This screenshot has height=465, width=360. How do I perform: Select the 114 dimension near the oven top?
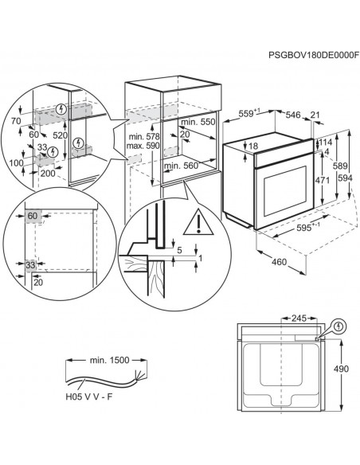pos(325,142)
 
